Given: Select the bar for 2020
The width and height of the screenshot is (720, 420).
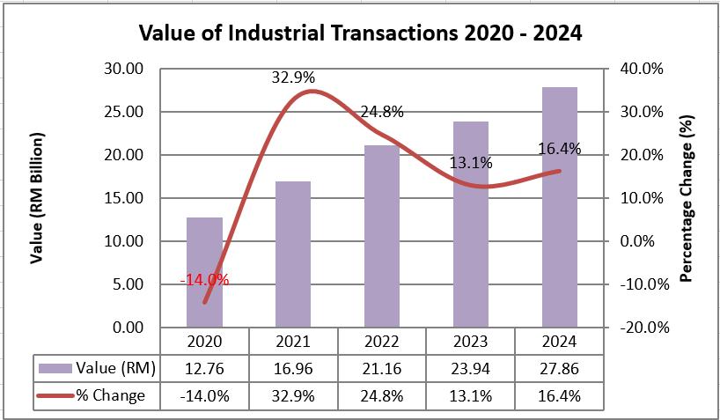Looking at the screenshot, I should point(204,273).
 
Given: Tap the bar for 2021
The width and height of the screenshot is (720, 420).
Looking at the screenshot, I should point(293,255).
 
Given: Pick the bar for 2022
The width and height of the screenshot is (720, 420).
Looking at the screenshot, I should point(382,238).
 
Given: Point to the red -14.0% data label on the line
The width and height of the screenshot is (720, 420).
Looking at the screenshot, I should point(204,280).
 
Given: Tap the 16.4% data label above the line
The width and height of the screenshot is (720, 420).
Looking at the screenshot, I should point(560,150).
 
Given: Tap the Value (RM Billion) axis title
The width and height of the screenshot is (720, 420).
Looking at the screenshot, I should point(37,198).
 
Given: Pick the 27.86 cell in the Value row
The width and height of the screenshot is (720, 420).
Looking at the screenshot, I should point(560,367).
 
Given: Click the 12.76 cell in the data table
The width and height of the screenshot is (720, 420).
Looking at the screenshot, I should point(204,367).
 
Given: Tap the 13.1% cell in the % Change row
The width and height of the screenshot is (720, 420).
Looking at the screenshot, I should point(471,395).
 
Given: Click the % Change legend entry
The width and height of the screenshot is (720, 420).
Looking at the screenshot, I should point(92,395).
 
